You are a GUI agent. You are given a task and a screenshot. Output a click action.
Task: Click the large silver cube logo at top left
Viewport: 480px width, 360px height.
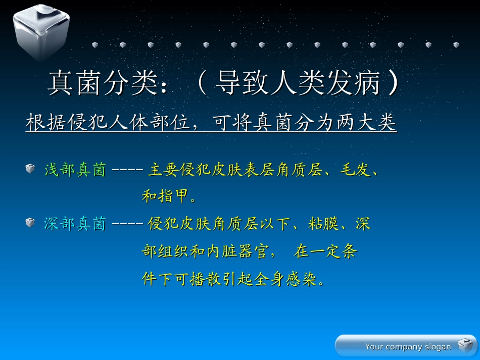point(40,31)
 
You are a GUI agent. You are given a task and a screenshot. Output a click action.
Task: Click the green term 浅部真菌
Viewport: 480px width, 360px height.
point(75,170)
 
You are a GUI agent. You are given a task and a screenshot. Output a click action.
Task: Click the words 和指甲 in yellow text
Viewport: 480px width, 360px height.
point(165,197)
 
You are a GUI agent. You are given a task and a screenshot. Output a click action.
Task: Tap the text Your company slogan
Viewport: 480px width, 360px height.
point(408,347)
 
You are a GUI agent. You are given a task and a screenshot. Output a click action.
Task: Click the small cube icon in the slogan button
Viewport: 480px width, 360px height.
point(464,346)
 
